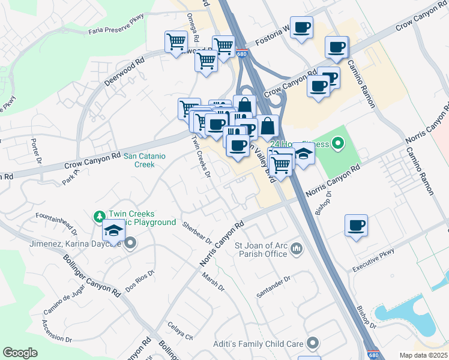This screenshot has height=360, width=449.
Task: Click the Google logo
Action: click(20, 353)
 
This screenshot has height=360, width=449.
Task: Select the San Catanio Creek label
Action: click(139, 160)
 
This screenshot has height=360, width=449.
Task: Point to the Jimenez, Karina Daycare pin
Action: click(130, 244)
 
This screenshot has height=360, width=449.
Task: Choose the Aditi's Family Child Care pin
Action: click(312, 343)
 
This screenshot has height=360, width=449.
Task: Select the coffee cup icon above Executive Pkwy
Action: click(357, 226)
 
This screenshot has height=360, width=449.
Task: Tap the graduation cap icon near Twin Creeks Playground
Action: click(113, 230)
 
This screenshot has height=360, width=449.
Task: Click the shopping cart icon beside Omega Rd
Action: click(176, 42)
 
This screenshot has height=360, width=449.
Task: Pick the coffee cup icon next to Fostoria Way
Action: click(301, 28)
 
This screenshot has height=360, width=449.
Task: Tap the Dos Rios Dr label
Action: click(140, 280)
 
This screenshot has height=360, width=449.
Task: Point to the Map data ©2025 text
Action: click(423, 355)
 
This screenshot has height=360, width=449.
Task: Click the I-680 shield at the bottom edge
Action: click(373, 355)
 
